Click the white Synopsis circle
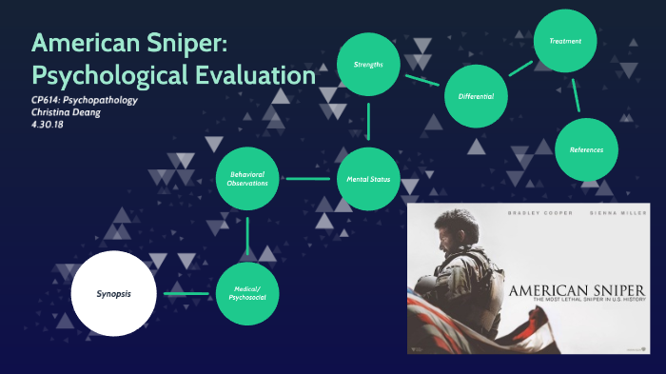pos(112,293)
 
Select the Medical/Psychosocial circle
pos(247,293)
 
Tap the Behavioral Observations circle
pos(247,178)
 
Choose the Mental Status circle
pos(368,178)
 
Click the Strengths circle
pos(368,64)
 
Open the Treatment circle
pos(571,41)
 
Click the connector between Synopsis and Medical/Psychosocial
pos(186,293)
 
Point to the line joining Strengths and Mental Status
pos(368,121)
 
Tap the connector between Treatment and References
pos(578,95)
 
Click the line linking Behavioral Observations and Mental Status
pos(307,178)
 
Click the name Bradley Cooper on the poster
pos(541,212)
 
